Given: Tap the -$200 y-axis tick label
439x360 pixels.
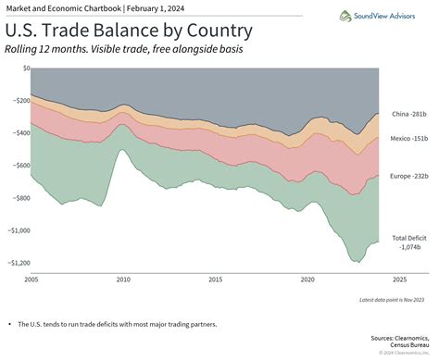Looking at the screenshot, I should coord(19,100).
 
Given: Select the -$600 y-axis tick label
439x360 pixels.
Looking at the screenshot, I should coord(19,165).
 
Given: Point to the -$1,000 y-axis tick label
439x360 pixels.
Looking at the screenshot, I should coord(16,230).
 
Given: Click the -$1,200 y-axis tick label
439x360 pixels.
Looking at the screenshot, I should coord(16,262).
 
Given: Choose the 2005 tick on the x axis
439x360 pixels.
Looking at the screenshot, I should coord(31,279).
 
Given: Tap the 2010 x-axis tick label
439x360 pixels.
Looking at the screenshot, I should coord(123,279).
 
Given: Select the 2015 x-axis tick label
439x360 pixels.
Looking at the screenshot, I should coord(215,279).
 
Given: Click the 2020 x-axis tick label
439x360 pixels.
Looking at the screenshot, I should coord(307,279).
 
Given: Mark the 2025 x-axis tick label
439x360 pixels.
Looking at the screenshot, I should coord(398,279).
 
